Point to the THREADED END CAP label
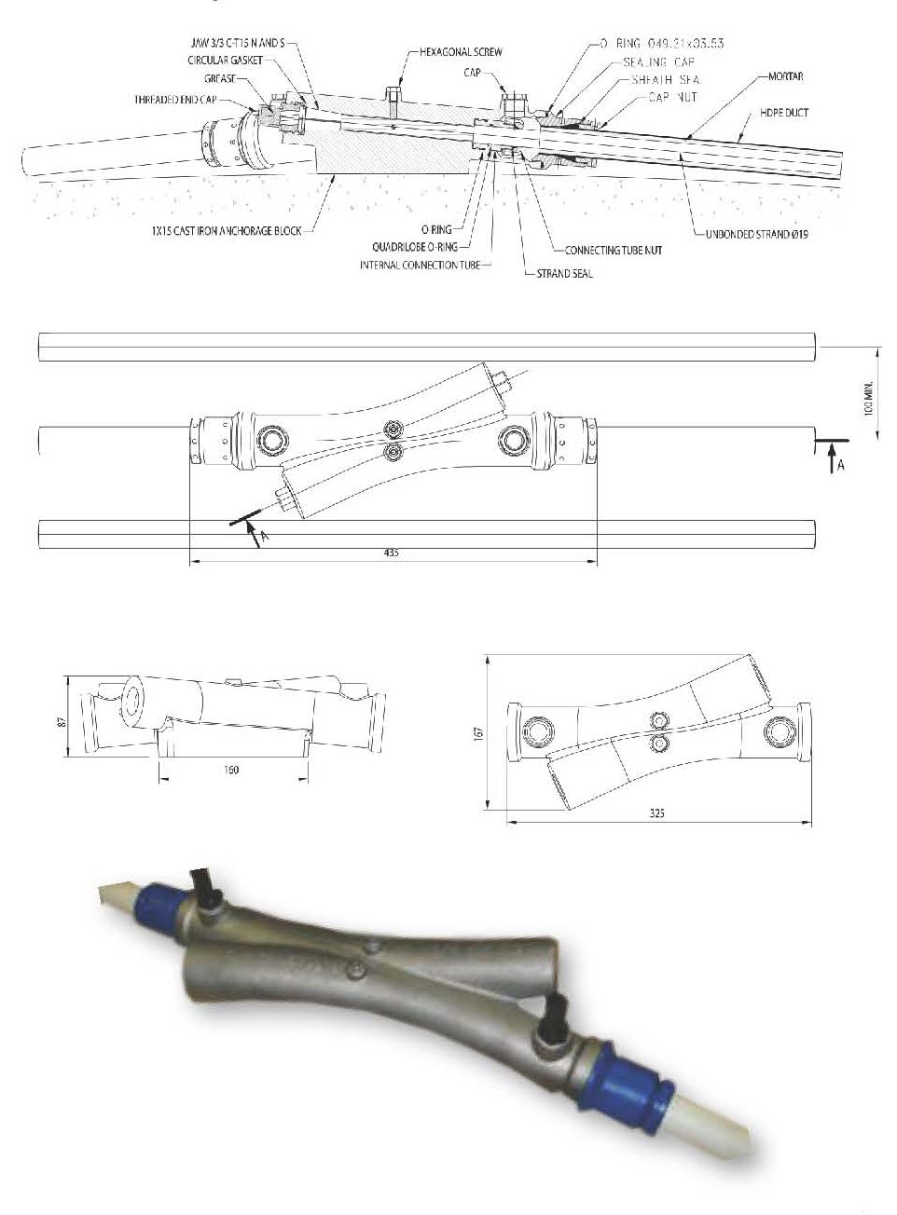175,98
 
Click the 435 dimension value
391,553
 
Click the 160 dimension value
232,770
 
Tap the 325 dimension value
657,812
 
